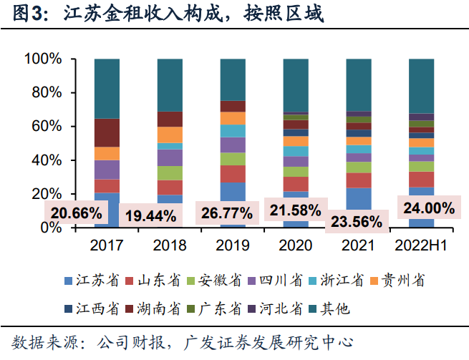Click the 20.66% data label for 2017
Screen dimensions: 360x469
[76, 212]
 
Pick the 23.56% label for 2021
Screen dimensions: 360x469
[356, 221]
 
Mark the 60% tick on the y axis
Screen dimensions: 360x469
[49, 127]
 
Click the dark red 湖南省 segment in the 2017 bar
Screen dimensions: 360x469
[107, 132]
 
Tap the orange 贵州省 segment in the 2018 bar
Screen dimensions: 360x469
[170, 135]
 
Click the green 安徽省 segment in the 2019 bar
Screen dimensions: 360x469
[232, 159]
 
